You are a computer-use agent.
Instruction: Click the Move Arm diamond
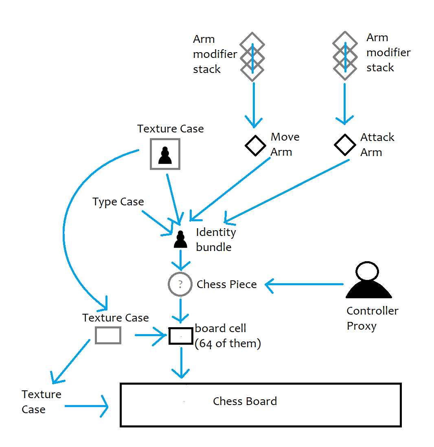click(255, 145)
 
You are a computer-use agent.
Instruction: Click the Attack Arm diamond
click(345, 145)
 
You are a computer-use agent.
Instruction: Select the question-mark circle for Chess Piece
click(180, 284)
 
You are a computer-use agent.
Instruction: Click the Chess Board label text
click(245, 401)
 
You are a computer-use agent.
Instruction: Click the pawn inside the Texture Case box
click(165, 155)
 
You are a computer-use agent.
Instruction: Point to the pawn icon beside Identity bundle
click(180, 240)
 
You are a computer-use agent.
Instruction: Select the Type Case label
click(118, 202)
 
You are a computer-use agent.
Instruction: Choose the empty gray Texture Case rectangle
click(108, 335)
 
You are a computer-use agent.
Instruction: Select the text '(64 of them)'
click(228, 344)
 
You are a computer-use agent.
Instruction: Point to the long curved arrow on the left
click(67, 228)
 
